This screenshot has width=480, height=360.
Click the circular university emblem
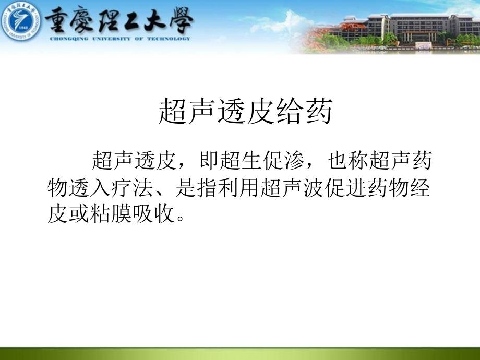tap(21, 21)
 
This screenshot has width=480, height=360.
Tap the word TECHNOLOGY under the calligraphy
tap(169, 39)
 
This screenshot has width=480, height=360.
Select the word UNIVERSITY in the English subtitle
tap(112, 39)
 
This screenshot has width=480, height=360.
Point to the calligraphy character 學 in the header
tap(181, 20)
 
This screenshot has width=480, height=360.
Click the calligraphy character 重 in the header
tap(56, 20)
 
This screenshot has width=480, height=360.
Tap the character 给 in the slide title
tap(290, 111)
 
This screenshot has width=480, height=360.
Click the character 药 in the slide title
tap(319, 111)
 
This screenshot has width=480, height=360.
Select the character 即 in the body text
tap(209, 160)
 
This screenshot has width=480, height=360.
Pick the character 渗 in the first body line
tap(294, 160)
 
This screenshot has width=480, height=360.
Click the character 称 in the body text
tap(358, 160)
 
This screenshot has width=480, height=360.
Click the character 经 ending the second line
tap(421, 187)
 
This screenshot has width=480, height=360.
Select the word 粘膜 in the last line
tap(110, 214)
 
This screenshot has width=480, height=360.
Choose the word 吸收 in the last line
tap(153, 214)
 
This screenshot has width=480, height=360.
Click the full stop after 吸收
tap(181, 219)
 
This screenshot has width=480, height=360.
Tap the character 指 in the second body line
tap(208, 187)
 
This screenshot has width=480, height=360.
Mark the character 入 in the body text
tap(100, 187)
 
